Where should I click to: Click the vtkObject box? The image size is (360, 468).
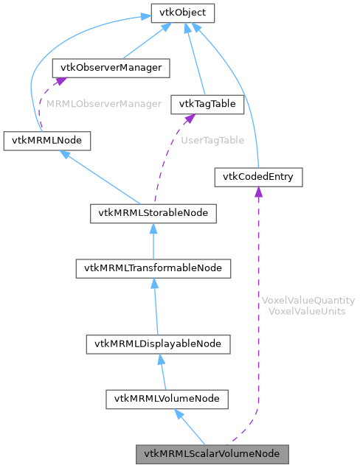coord(182,13)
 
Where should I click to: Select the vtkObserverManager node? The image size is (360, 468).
coord(111,68)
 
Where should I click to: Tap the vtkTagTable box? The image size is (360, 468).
coord(207,104)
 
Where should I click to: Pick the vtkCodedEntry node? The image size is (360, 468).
coord(258,177)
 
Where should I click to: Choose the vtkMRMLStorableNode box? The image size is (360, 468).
coord(153,214)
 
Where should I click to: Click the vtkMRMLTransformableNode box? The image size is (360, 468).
coord(153,268)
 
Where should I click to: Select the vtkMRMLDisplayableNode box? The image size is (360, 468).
coord(159,343)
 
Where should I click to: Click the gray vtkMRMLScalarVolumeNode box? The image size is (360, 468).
coord(212,453)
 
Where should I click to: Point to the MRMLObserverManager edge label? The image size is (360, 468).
coord(104,104)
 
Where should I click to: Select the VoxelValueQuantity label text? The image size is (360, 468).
coord(308,301)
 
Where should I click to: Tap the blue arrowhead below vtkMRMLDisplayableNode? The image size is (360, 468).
coord(160,360)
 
